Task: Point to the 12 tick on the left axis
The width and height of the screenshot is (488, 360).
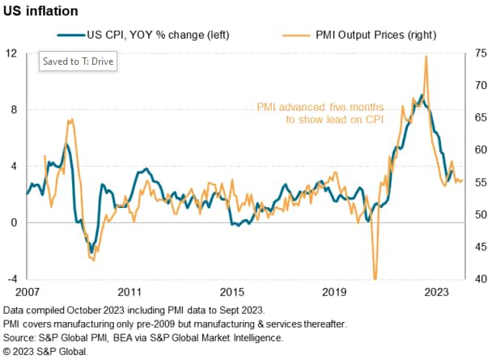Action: coord(11,53)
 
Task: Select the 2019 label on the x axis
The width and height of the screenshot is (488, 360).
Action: coord(334,292)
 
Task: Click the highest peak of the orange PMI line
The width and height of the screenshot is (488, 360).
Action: coord(426,57)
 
